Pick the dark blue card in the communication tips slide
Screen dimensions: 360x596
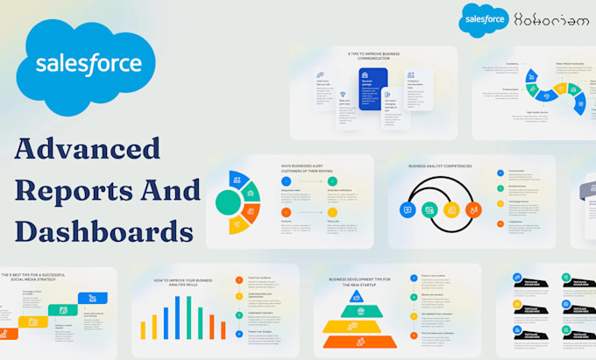click(373, 90)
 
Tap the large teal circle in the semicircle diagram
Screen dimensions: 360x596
click(228, 202)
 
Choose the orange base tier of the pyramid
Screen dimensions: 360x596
click(356, 341)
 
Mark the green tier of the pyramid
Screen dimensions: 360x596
click(357, 311)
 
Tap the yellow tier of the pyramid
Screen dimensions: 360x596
click(357, 326)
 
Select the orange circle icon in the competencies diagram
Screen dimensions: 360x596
click(473, 209)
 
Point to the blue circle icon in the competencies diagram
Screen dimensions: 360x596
click(408, 209)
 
